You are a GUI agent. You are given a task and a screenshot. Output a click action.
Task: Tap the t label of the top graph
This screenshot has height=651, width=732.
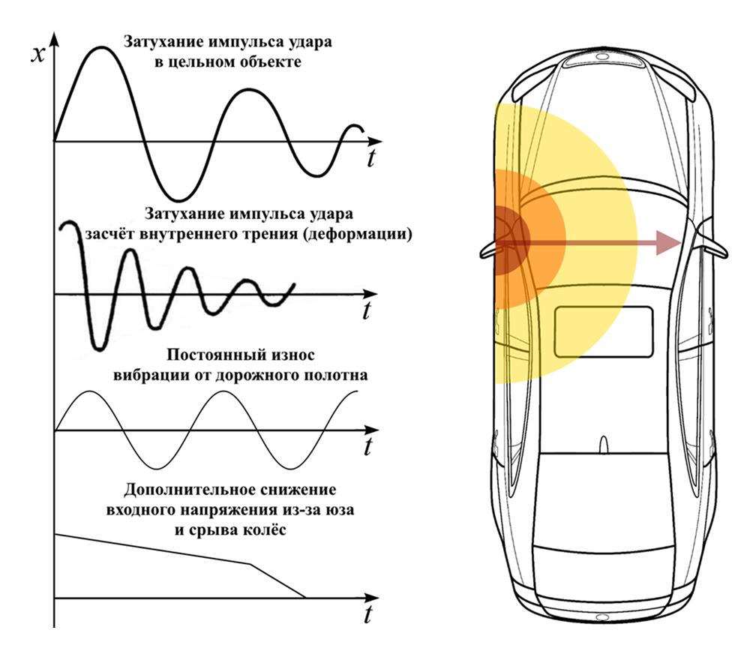371,159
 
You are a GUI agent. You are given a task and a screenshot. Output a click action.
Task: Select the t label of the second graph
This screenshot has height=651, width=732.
367,311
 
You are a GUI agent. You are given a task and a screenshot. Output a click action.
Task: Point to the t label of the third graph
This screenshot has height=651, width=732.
367,448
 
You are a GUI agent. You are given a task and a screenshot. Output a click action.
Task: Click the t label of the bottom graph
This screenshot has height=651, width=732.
367,616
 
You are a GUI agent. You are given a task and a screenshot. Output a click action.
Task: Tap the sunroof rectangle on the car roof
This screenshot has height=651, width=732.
604,331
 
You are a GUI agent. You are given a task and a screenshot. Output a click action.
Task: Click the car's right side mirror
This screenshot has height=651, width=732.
712,247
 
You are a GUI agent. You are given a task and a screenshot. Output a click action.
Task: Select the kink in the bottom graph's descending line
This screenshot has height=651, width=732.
250,563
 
